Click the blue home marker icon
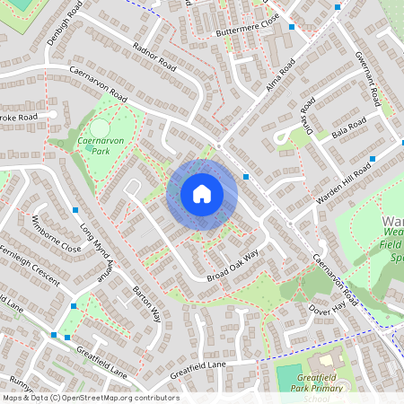(202, 194)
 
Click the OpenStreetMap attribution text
(90, 398)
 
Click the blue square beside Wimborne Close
(75, 210)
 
